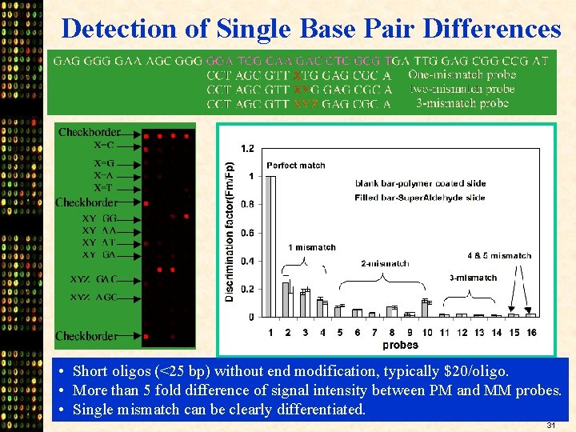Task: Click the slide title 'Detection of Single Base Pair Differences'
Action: [311, 29]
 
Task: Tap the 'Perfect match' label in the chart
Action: [296, 166]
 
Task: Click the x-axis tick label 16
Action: [530, 333]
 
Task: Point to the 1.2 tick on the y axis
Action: [247, 148]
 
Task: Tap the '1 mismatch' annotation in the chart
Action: [312, 247]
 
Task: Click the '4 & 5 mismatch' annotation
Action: [499, 256]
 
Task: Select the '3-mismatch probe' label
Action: [462, 103]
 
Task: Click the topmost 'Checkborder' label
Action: [90, 132]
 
